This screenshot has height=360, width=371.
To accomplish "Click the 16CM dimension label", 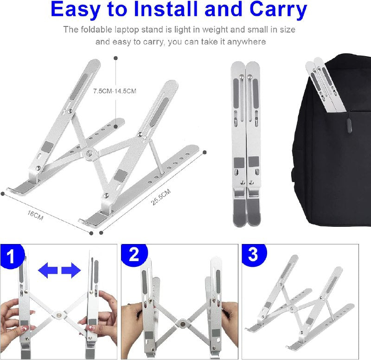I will (35, 214).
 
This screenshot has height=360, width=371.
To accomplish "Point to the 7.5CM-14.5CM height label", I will (115, 91).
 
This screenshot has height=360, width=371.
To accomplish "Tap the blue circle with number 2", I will (134, 255).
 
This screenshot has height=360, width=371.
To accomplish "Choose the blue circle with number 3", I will (253, 255).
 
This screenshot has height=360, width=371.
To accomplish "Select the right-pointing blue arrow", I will (71, 270).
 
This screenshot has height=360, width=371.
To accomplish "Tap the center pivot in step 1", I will (59, 315).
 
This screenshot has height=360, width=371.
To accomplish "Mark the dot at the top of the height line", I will (115, 58).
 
